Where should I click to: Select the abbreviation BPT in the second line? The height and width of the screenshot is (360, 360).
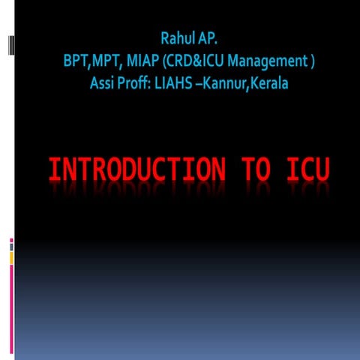76,60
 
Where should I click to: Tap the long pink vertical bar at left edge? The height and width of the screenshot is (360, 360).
11,308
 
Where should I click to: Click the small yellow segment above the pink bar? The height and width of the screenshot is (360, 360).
11,257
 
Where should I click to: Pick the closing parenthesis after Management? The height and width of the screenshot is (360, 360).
310,60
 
